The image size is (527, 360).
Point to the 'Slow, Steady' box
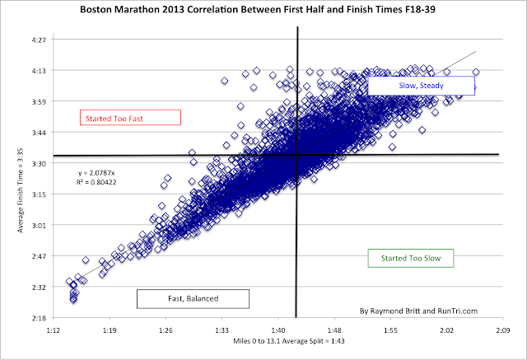pos(420,86)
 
